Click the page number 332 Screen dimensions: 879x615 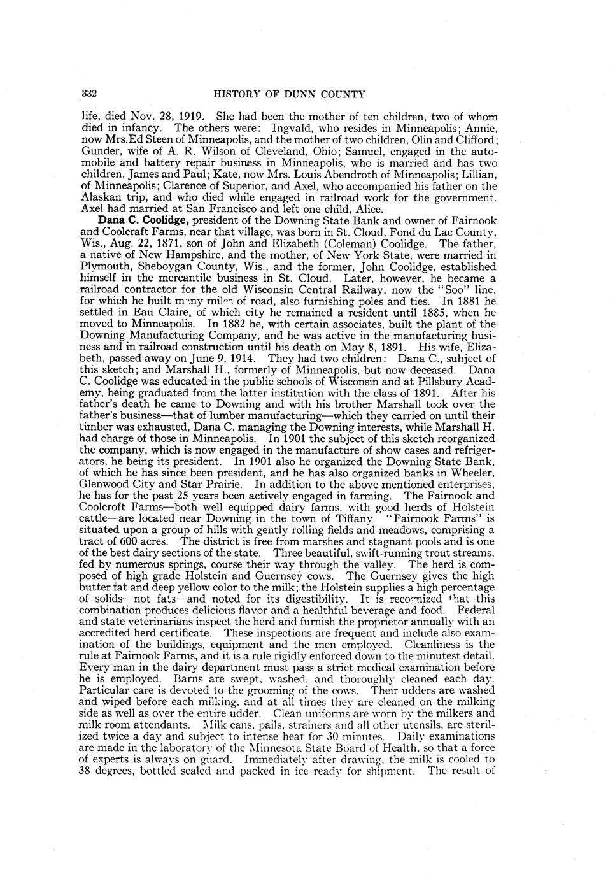click(89, 95)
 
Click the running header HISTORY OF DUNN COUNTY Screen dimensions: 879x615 click(290, 95)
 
